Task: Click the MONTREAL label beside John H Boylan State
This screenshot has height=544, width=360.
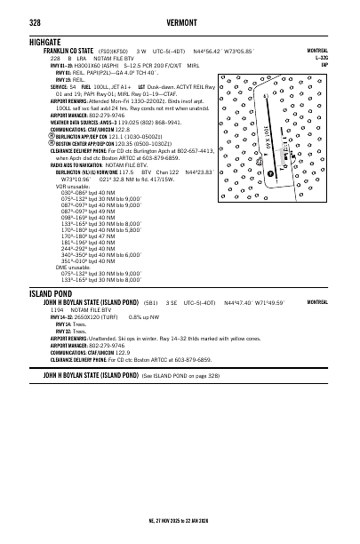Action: pos(318,303)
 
